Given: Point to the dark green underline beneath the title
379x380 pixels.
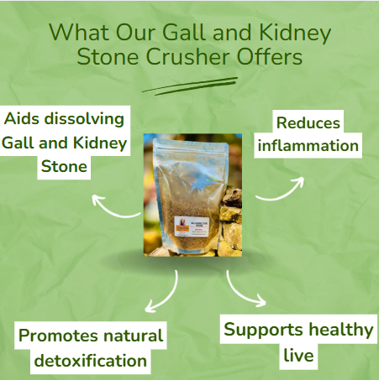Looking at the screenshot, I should [x=190, y=85].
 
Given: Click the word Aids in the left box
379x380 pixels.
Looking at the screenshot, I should [x=24, y=117].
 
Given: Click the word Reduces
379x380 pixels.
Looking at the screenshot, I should [x=308, y=122].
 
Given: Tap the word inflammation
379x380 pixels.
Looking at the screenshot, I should [x=308, y=145].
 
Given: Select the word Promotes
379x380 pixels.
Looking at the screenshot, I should [x=59, y=337].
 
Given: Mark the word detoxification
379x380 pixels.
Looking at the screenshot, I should [x=83, y=361].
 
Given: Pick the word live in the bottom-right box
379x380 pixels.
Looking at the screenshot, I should [x=298, y=355].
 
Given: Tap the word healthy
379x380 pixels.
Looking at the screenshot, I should [x=340, y=330].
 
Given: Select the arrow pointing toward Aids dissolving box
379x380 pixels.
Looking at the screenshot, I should [x=113, y=208].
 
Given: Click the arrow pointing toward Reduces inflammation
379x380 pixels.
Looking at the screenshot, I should [x=280, y=189].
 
